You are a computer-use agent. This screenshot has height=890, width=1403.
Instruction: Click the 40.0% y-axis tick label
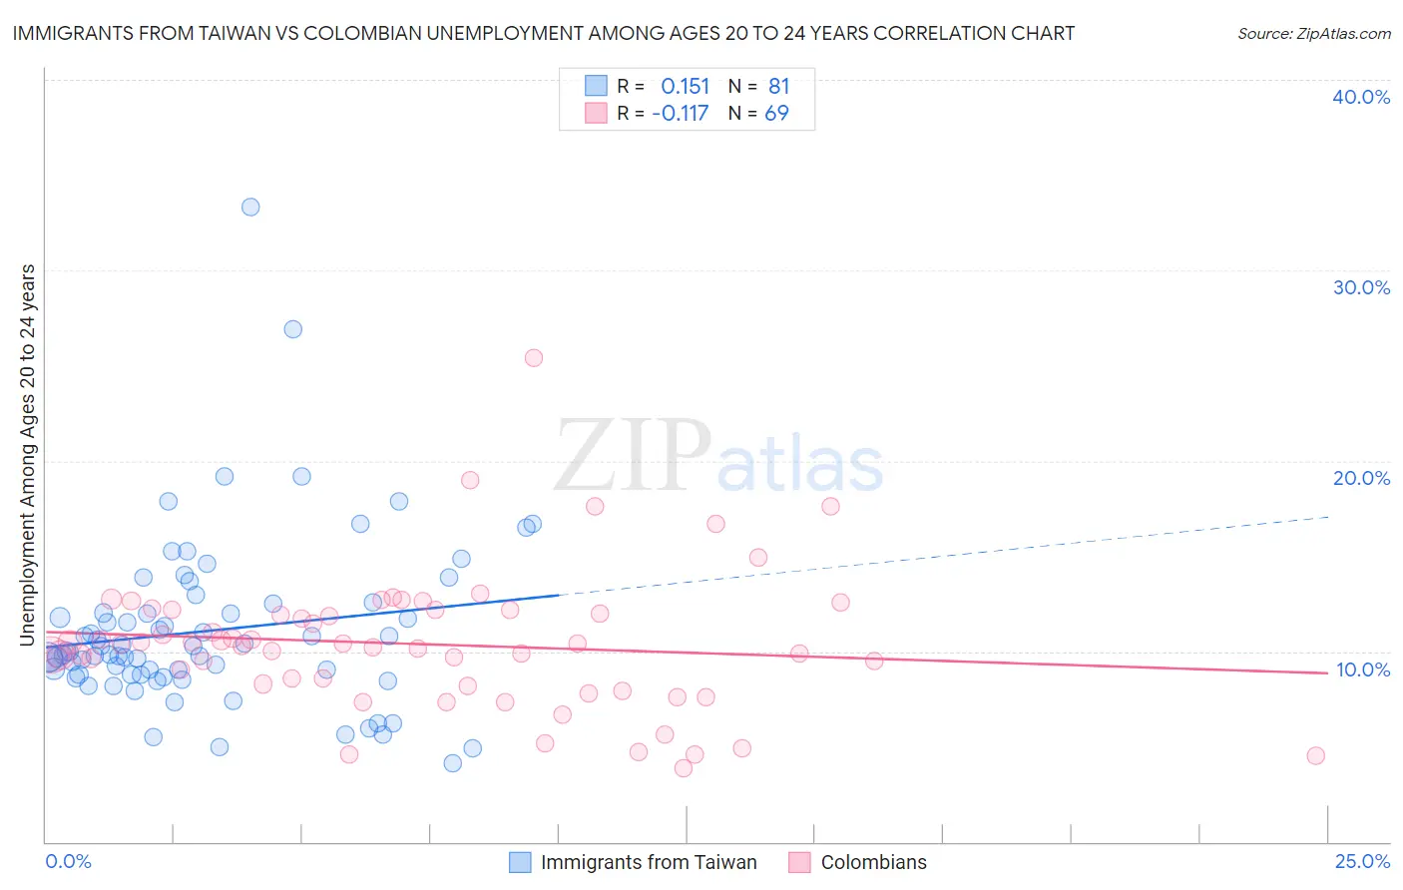tap(1361, 97)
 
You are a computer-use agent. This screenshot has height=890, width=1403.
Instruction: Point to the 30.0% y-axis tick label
tap(1361, 287)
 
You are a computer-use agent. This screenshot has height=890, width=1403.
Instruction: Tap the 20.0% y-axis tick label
tap(1361, 478)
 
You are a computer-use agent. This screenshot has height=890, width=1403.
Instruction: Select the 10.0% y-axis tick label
tap(1362, 669)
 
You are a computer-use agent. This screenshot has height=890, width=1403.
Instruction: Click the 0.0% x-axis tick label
tap(68, 861)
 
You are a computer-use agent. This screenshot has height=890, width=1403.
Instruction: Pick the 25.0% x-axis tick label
tap(1362, 861)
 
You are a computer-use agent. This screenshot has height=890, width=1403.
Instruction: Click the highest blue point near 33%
tap(250, 207)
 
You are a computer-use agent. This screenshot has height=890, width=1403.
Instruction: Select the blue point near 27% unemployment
tap(292, 328)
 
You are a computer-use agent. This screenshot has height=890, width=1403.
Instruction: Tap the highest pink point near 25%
tap(534, 357)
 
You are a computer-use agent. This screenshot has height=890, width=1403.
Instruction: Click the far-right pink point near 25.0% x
tap(1315, 755)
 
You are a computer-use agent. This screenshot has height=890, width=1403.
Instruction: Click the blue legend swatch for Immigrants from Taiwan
tap(520, 862)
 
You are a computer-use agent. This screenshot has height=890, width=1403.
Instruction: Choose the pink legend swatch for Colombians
tap(799, 862)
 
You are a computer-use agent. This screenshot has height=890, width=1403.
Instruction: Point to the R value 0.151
tap(685, 86)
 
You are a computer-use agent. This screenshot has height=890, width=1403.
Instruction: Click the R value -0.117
tap(680, 114)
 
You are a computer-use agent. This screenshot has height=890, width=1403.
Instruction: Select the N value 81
tap(778, 86)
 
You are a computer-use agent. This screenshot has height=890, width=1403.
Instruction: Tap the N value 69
tap(776, 114)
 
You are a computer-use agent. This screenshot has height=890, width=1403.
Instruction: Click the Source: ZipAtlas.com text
tap(1313, 33)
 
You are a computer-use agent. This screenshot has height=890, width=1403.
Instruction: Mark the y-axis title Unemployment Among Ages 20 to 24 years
tap(27, 454)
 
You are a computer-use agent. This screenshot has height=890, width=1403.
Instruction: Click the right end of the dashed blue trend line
tap(1328, 517)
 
